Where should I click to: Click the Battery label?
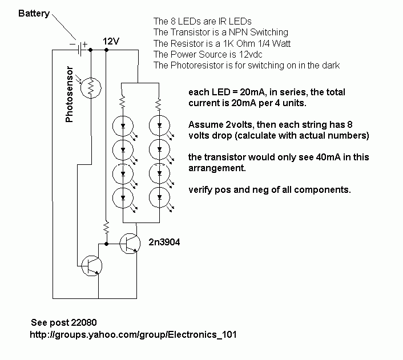click(x=34, y=13)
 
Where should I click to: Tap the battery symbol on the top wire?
click(x=80, y=49)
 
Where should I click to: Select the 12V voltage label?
click(x=111, y=41)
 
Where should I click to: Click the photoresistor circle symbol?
click(x=91, y=88)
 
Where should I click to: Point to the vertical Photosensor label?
click(x=69, y=94)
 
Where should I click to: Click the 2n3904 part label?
click(x=164, y=242)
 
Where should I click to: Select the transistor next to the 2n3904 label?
click(x=130, y=244)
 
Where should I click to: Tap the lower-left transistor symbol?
click(x=91, y=266)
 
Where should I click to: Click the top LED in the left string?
click(x=123, y=126)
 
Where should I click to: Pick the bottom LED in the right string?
click(x=159, y=197)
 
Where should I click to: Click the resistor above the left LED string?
click(x=123, y=102)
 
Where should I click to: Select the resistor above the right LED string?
click(x=159, y=103)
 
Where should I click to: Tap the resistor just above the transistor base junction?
click(x=106, y=228)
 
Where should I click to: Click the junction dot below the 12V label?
click(x=106, y=50)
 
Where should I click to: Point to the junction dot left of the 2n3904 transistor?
click(x=106, y=244)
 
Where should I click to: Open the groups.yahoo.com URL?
click(x=133, y=334)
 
